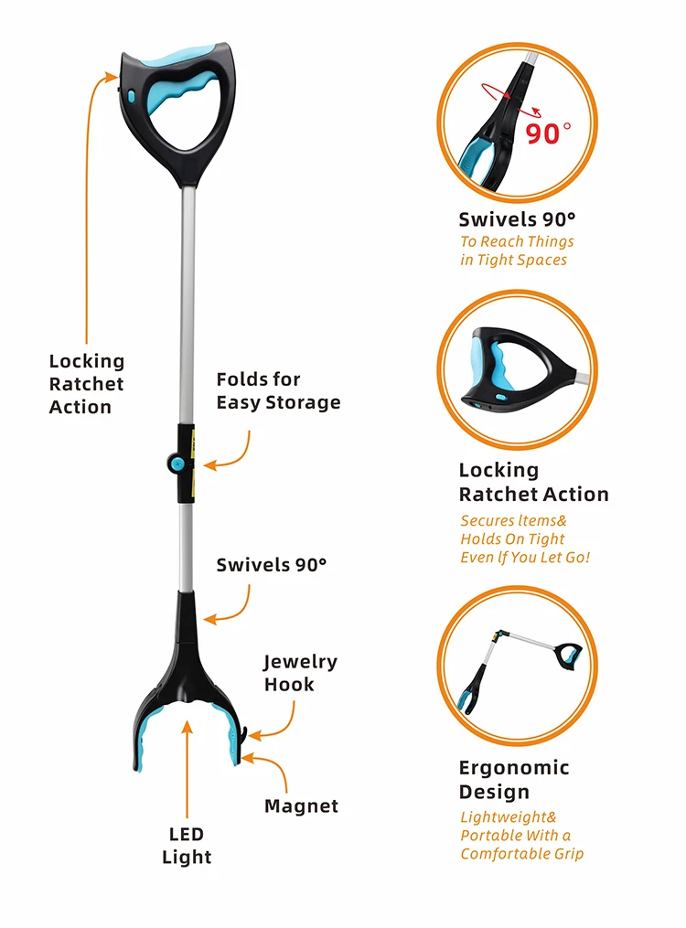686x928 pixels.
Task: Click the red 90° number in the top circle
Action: coord(548,133)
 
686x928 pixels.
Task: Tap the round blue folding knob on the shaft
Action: coord(176,463)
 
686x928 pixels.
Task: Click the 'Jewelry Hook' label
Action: coord(300,673)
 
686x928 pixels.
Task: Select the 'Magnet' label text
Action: coord(301,806)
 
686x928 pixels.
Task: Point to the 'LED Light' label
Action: coord(187,845)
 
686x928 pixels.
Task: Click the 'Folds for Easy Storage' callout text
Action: coord(278,390)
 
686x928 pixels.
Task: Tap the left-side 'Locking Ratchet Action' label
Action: coord(86,384)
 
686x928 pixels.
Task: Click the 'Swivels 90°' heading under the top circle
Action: coord(517,219)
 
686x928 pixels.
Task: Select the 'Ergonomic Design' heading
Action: coord(514,780)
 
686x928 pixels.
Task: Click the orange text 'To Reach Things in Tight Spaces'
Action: coord(517,251)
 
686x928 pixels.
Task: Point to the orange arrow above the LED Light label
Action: coord(187,770)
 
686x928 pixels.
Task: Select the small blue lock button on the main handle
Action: coord(130,95)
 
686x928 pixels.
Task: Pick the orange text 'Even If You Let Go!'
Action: coord(525,558)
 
